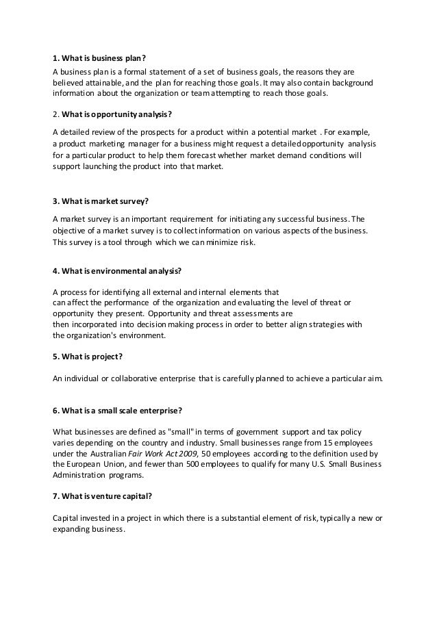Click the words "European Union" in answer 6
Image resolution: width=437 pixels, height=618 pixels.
(x=90, y=464)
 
